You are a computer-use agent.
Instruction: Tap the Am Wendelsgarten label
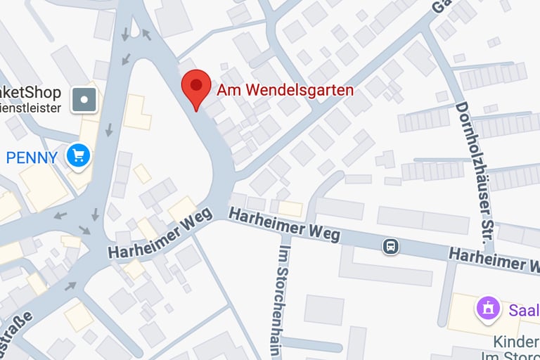[285, 90]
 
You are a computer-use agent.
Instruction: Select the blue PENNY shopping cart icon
[78, 156]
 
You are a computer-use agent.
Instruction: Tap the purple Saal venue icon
[487, 307]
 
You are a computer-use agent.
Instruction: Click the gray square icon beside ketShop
[85, 100]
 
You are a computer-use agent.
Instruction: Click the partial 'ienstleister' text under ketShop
[32, 108]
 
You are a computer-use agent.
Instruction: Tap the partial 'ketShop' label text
[32, 93]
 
